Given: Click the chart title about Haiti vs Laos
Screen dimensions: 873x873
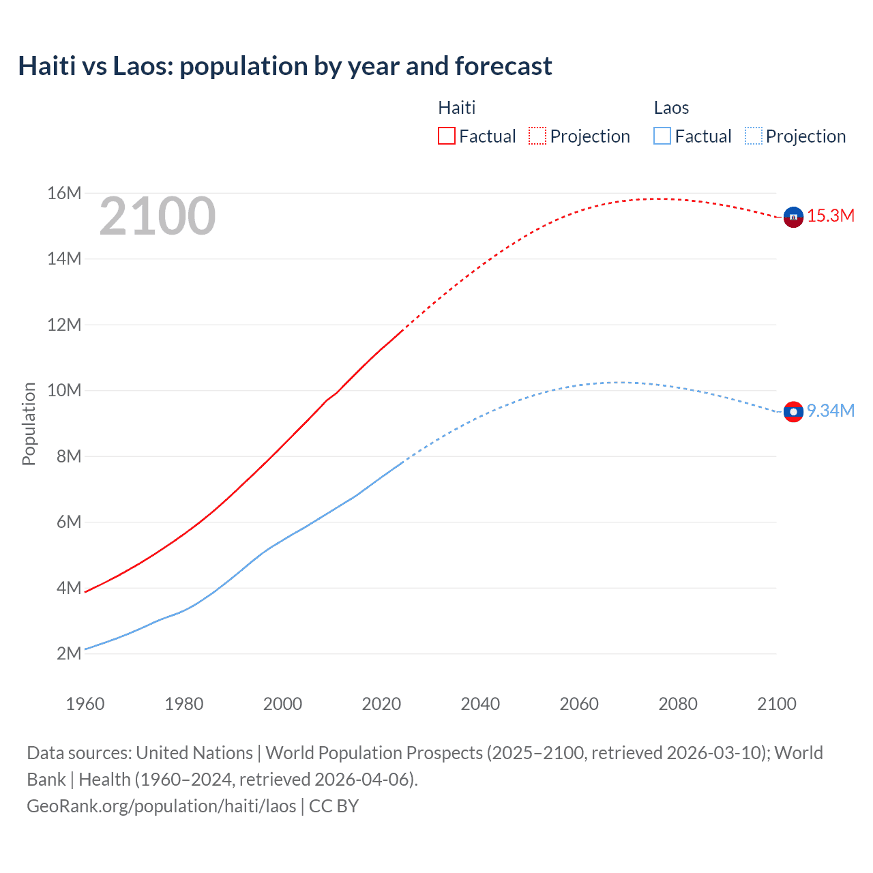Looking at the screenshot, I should point(285,66).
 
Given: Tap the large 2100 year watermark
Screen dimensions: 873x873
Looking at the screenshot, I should point(158,217).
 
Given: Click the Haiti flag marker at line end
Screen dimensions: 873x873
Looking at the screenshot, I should point(793,217).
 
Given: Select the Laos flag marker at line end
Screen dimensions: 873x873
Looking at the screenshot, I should point(793,411).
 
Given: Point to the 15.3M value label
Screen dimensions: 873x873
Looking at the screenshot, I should point(831,216).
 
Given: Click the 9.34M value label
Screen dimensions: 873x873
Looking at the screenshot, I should point(831,411).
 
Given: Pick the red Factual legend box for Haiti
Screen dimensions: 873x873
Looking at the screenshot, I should point(446,136).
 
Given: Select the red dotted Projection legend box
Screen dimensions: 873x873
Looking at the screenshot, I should point(537,136).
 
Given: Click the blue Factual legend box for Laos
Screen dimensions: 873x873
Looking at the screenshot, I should point(662,136).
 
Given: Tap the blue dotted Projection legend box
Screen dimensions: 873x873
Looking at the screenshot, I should point(753,136).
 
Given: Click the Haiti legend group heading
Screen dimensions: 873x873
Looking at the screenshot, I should point(456,108).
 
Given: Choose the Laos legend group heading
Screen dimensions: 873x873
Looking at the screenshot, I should point(671,108).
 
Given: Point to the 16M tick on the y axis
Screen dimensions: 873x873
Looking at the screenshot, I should point(64,194).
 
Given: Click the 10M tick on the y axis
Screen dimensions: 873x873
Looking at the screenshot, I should point(64,391).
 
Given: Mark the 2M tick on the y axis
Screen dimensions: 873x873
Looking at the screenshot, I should point(68,653).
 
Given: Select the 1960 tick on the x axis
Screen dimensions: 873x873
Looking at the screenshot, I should point(85,704).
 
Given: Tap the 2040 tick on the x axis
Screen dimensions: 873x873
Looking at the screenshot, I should point(480,704).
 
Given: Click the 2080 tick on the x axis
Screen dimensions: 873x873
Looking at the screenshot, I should point(678,704).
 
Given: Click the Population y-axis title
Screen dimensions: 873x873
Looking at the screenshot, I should point(29,424).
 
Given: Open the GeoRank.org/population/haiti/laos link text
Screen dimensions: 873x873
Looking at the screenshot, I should point(162,806).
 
